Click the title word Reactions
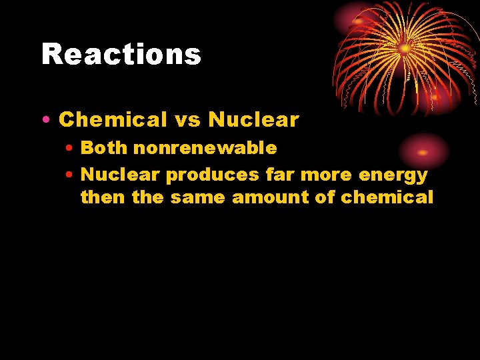point(121,55)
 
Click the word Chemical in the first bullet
point(113,120)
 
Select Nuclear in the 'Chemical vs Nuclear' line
point(253,120)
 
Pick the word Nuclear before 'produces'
point(120,175)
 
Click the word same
point(197,197)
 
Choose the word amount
point(273,197)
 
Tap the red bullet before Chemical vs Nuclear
point(44,121)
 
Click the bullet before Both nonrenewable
point(69,149)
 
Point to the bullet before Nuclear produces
point(69,175)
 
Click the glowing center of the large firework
point(405,48)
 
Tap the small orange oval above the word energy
point(423,152)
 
